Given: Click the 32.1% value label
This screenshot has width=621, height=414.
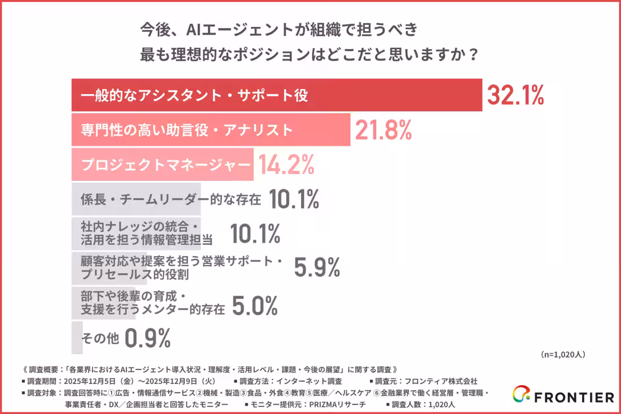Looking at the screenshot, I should [515, 96].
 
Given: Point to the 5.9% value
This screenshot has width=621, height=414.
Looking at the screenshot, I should [317, 268].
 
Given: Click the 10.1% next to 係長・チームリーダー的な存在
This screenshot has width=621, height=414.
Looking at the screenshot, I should [294, 199].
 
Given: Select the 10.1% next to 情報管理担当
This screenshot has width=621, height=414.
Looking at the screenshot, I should [255, 234].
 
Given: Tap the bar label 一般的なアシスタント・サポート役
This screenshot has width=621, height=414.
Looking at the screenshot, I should [195, 96].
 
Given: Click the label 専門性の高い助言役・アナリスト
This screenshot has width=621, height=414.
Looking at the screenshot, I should [187, 130].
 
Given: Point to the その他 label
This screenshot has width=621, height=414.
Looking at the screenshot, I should [100, 338].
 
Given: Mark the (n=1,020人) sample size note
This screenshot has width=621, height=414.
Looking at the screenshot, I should [563, 354].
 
